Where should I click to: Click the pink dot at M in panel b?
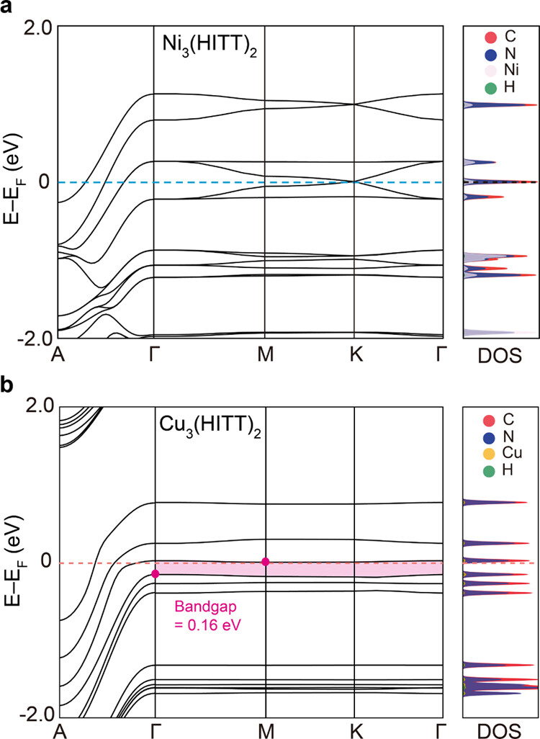click(266, 562)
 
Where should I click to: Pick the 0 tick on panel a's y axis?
click(44, 182)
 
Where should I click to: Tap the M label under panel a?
click(266, 353)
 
